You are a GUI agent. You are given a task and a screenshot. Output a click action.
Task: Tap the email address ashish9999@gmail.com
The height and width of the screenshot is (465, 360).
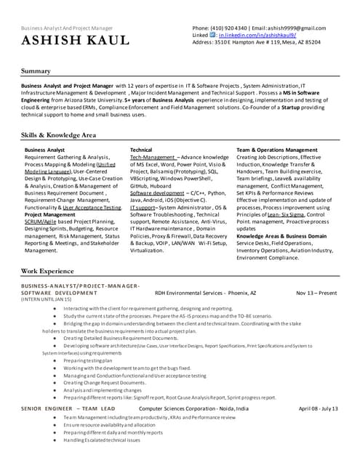pos(286,28)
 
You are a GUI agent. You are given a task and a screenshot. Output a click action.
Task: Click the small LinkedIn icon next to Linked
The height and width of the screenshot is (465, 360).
pos(212,35)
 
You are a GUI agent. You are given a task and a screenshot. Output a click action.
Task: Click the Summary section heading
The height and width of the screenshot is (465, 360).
pos(36,71)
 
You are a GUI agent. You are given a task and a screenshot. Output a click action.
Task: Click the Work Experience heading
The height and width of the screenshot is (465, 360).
pos(47,270)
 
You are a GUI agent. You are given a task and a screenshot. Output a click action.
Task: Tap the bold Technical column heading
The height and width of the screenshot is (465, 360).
pos(141,150)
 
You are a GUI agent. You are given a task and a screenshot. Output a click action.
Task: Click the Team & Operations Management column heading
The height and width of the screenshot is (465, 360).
pos(277,150)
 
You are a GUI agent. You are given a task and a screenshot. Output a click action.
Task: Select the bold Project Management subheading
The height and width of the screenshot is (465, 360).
pos(51,214)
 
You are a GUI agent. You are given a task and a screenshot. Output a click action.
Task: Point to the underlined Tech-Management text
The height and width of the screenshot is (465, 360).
pos(152,157)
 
